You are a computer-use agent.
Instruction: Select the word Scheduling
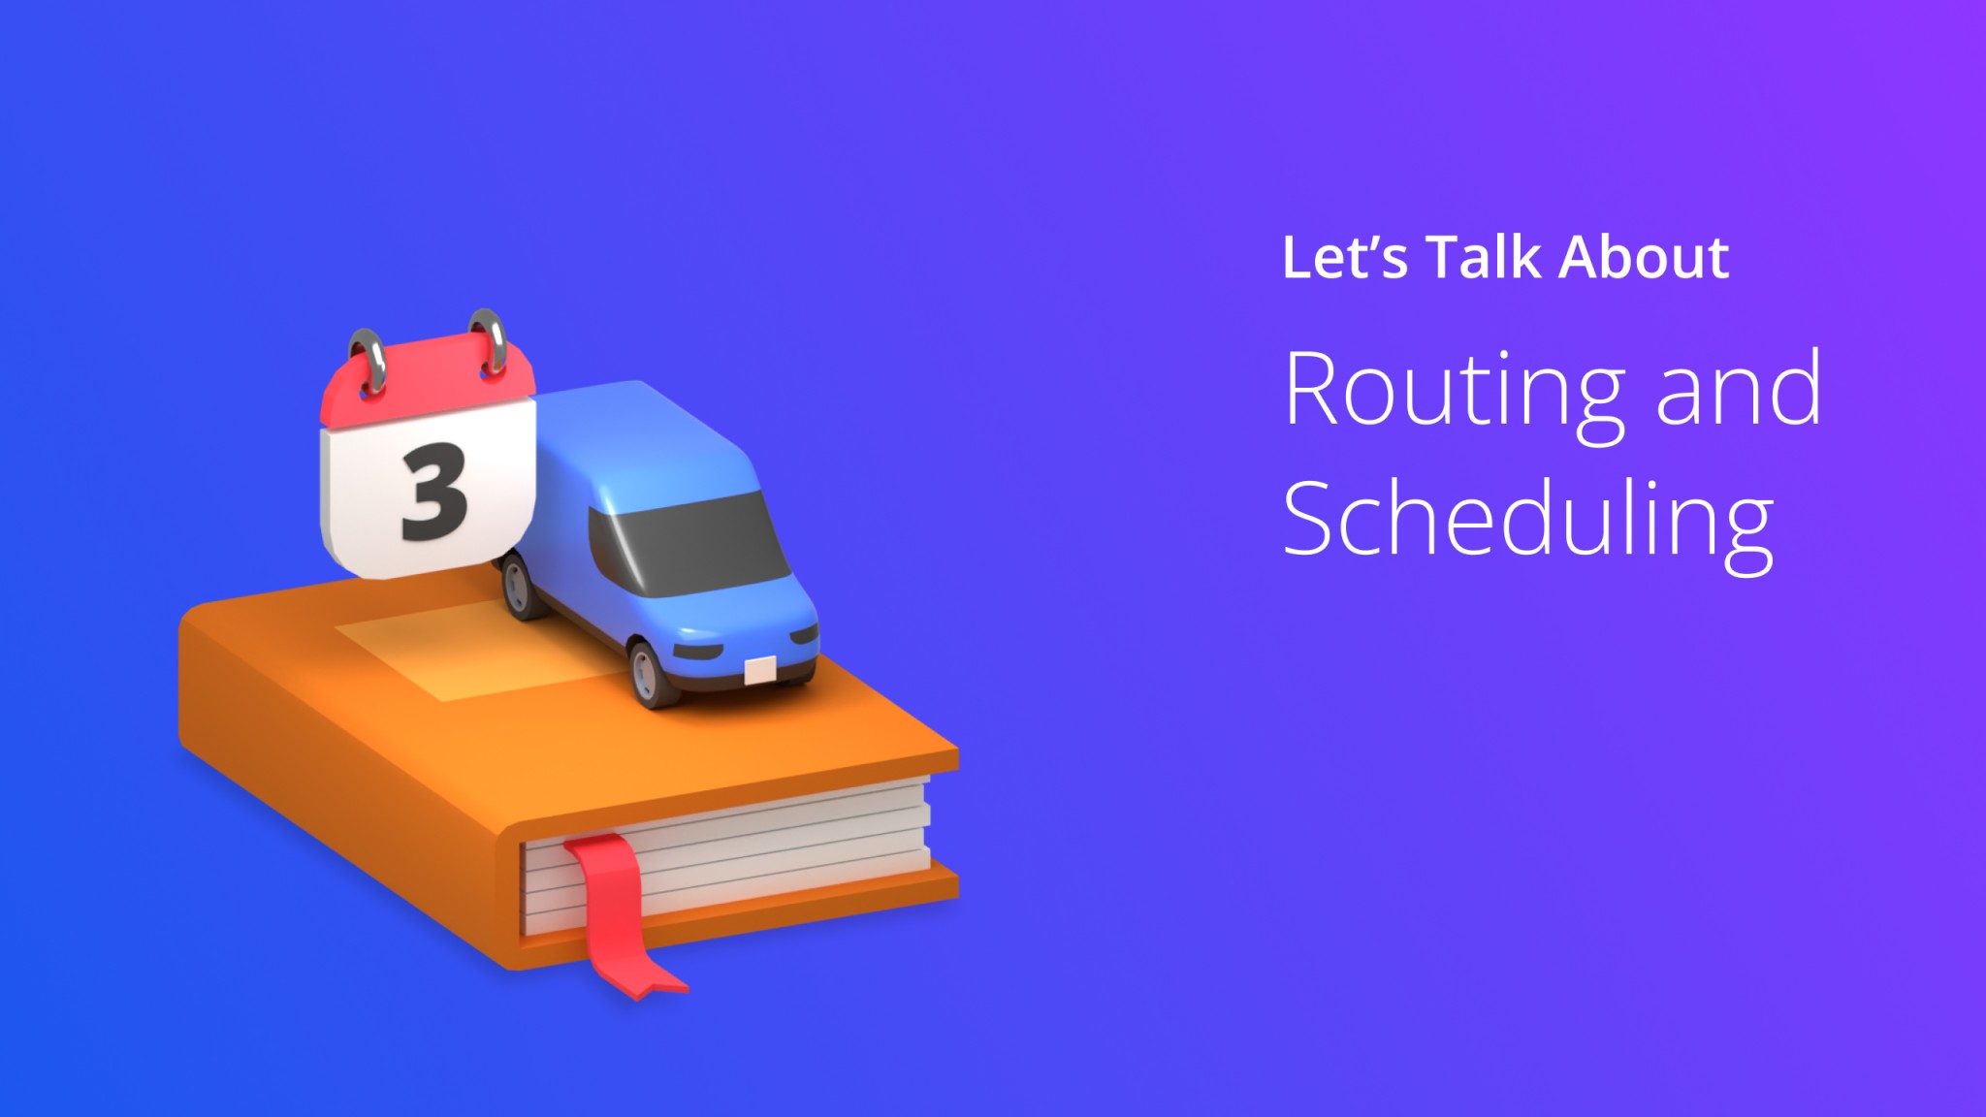coord(1528,522)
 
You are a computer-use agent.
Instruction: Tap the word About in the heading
coord(1645,258)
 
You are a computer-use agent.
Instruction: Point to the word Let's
coord(1344,258)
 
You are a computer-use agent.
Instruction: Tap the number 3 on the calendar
coord(433,492)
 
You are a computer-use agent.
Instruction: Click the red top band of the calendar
coord(427,383)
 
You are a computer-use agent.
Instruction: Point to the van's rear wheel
coord(521,586)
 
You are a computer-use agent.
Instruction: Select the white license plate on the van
coord(759,670)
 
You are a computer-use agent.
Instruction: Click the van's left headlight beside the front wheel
coord(697,650)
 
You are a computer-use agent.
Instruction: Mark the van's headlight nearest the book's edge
coord(804,635)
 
